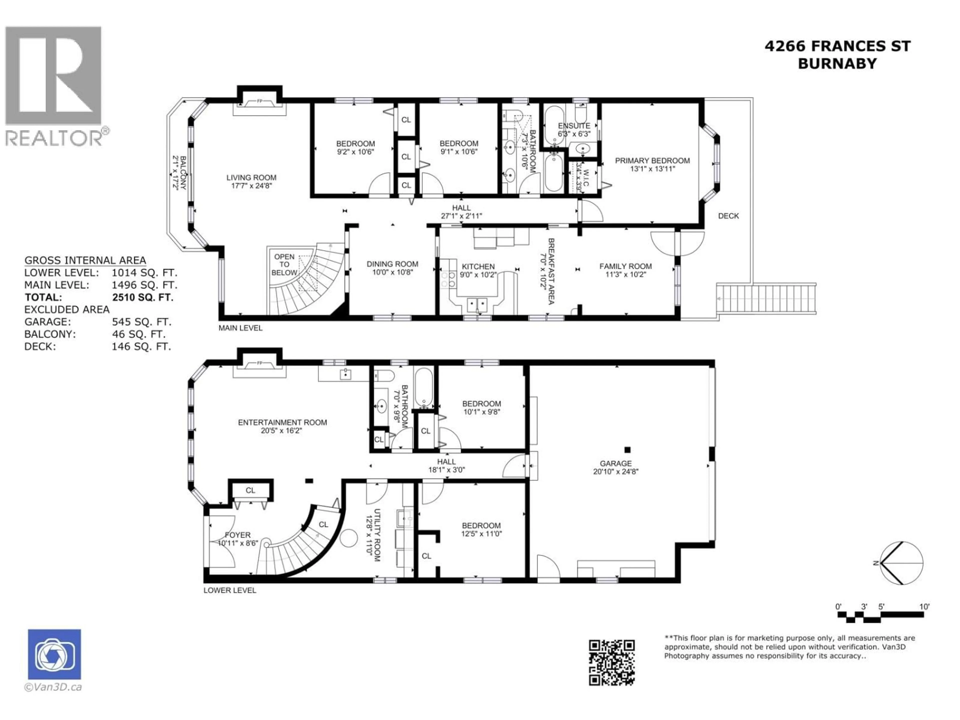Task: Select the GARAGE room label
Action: (x=615, y=463)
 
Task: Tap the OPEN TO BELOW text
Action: (x=284, y=265)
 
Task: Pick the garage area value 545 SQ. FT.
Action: (x=141, y=322)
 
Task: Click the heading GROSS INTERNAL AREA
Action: (x=85, y=260)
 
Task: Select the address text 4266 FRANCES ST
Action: (x=837, y=46)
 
